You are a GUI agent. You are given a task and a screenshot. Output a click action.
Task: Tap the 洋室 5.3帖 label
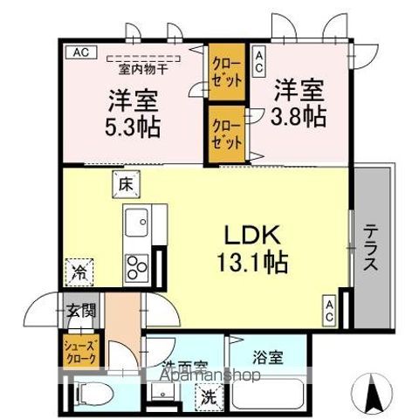[x=134, y=112]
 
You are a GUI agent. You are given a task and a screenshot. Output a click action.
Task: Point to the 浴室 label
[x=269, y=356]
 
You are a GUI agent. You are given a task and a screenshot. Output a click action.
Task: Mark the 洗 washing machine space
[x=209, y=395]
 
